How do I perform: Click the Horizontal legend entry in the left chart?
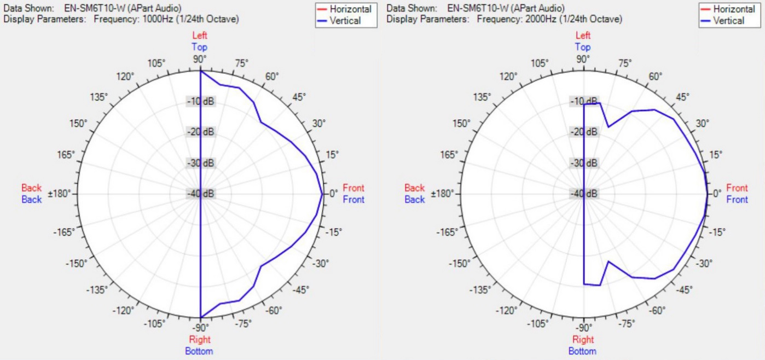[x=351, y=9]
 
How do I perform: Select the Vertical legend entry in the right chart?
[x=728, y=21]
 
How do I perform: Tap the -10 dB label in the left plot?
[x=200, y=102]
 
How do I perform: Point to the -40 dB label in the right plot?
[x=584, y=194]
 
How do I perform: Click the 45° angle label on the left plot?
[x=299, y=97]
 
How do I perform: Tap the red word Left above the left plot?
[x=200, y=36]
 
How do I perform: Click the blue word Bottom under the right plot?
[x=582, y=351]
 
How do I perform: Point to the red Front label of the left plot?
[x=353, y=188]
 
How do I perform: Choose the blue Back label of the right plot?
[x=414, y=200]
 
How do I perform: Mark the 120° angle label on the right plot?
[x=508, y=76]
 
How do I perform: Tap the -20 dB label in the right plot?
[x=584, y=132]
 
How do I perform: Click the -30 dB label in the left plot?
[x=200, y=163]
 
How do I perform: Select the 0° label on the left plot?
[x=333, y=194]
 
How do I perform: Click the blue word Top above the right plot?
[x=583, y=47]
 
